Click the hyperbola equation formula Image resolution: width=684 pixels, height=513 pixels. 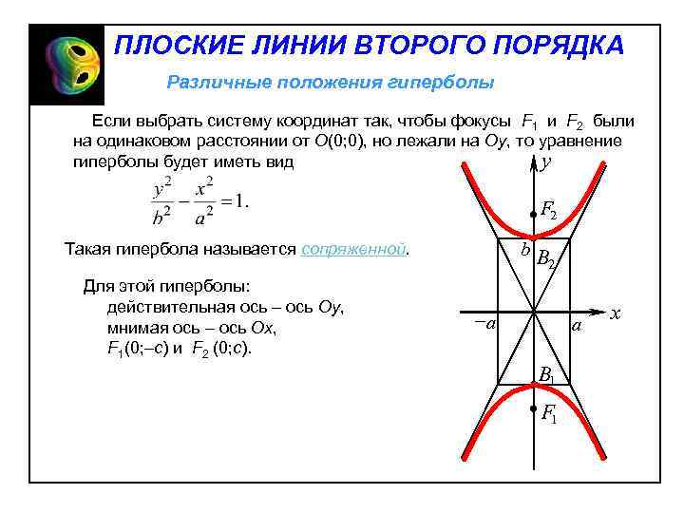[198, 201]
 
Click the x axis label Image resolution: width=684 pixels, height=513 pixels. [616, 313]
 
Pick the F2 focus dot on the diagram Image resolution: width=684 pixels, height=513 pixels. [534, 216]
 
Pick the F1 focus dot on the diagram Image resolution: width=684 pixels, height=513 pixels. [534, 408]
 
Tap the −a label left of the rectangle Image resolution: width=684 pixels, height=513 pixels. [485, 324]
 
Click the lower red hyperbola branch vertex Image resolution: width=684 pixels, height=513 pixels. [534, 385]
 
